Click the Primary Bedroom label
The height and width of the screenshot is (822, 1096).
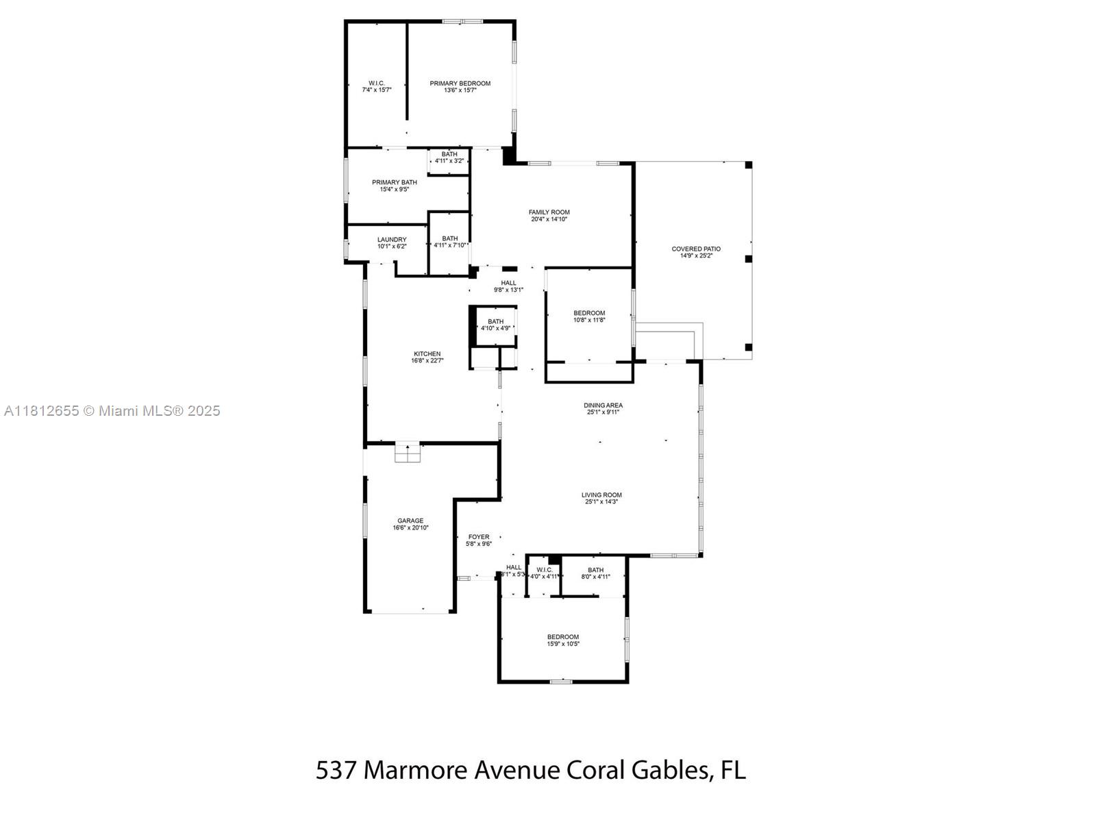(460, 86)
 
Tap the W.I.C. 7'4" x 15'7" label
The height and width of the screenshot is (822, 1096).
(376, 86)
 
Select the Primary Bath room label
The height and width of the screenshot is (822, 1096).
(394, 186)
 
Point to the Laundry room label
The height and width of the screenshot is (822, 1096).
(391, 242)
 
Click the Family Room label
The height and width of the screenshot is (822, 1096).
(549, 215)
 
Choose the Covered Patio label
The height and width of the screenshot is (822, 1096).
(695, 252)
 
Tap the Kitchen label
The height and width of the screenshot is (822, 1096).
(427, 357)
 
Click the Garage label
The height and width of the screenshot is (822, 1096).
(410, 524)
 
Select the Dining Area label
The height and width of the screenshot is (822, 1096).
(603, 408)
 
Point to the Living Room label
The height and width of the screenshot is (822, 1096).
(601, 498)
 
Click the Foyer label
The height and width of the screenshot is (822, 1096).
(478, 540)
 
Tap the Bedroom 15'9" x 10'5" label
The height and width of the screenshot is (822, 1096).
(562, 640)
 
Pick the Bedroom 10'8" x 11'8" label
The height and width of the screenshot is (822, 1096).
(589, 316)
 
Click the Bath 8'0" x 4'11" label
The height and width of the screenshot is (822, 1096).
(595, 573)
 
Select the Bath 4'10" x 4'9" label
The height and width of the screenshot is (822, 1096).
(495, 325)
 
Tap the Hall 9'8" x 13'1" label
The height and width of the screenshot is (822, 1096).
(508, 286)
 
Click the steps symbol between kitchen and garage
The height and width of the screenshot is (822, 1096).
(407, 453)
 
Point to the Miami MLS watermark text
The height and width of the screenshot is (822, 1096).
(112, 411)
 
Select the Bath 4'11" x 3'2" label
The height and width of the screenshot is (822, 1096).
(449, 157)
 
